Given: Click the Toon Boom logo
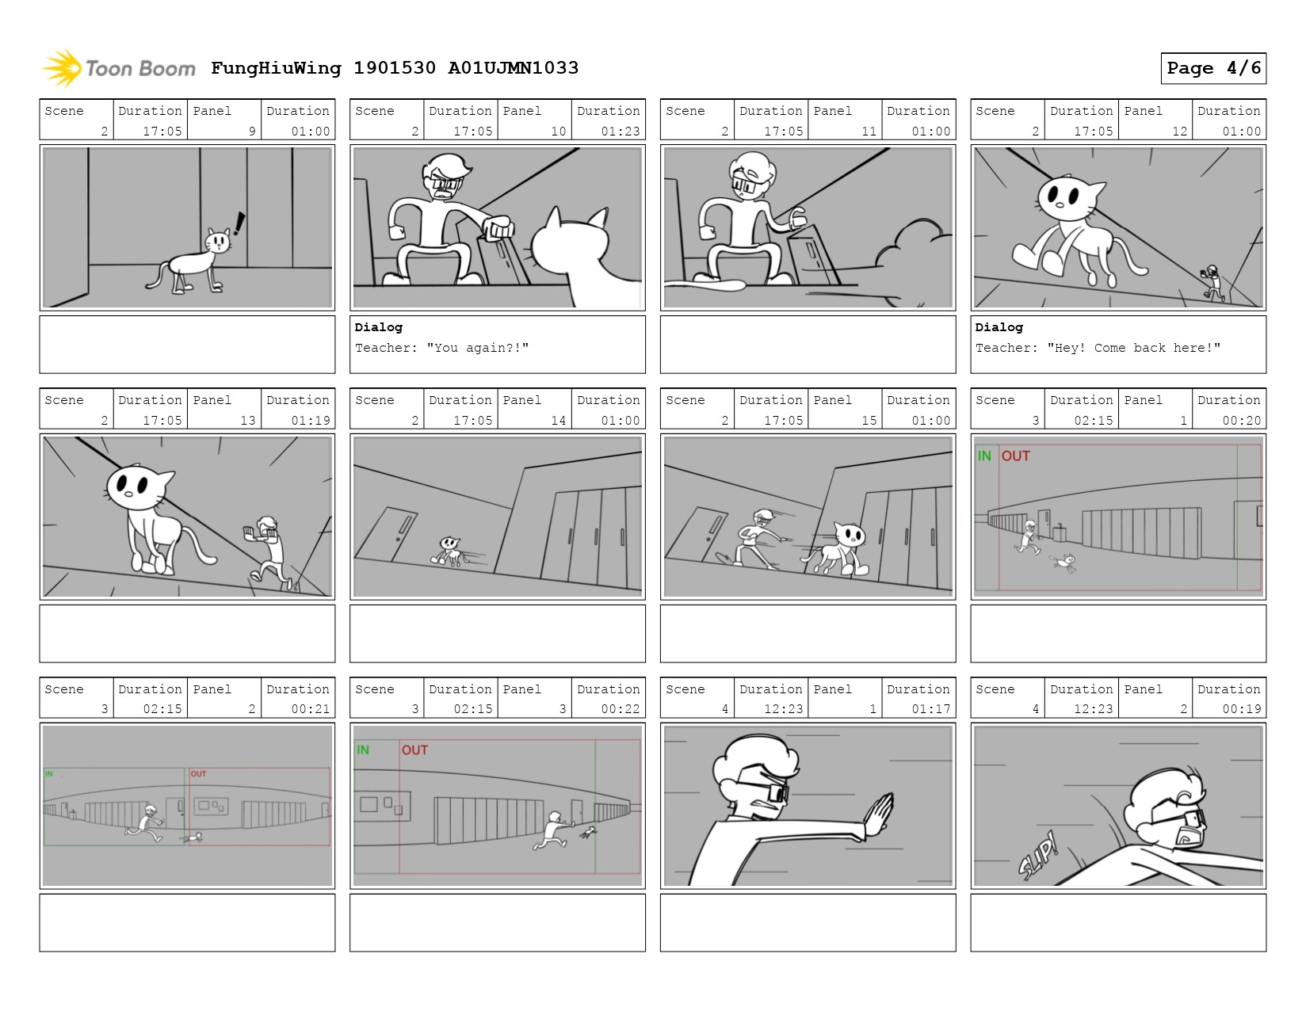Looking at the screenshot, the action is [x=119, y=68].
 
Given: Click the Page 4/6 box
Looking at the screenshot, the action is [x=1212, y=68].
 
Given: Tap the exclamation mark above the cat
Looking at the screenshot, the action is [x=239, y=223].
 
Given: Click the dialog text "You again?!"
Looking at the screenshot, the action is [x=477, y=348].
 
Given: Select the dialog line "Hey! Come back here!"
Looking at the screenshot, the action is [x=1133, y=348].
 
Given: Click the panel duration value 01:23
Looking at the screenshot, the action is [x=620, y=131].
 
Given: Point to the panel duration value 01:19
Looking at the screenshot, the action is [x=310, y=421].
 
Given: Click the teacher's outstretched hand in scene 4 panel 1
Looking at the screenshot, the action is [x=878, y=815].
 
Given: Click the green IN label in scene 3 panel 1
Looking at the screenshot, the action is [x=983, y=456].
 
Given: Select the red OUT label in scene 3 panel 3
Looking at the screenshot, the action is [x=414, y=750].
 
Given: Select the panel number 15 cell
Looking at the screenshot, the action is [x=845, y=409].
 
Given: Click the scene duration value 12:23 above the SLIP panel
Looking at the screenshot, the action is [x=1093, y=709].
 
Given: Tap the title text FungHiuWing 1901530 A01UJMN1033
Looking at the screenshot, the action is [x=395, y=68].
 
